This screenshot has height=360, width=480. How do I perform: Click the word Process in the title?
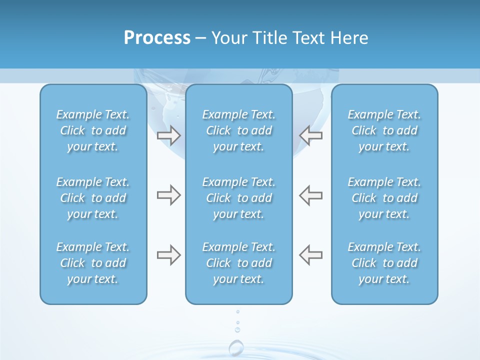157,38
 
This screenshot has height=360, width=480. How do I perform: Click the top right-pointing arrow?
168,135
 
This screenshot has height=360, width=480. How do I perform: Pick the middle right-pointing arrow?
168,195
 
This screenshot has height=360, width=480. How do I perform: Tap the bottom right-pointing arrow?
168,255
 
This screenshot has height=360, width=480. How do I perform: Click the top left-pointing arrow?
310,135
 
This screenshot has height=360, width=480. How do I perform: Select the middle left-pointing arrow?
310,195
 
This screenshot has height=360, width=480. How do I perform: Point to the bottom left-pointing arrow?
310,255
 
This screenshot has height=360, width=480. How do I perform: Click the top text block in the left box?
93,130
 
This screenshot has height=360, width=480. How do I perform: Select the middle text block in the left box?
93,198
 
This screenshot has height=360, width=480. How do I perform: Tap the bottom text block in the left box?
93,263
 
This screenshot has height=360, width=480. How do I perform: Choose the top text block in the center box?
239,130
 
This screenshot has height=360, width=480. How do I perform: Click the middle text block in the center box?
239,198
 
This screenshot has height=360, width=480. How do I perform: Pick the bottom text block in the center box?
239,263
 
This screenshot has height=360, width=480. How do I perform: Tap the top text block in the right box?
384,130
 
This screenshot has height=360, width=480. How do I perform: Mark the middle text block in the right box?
384,198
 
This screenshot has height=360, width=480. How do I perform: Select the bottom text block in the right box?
384,263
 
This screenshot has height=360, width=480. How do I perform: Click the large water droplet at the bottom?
236,347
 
